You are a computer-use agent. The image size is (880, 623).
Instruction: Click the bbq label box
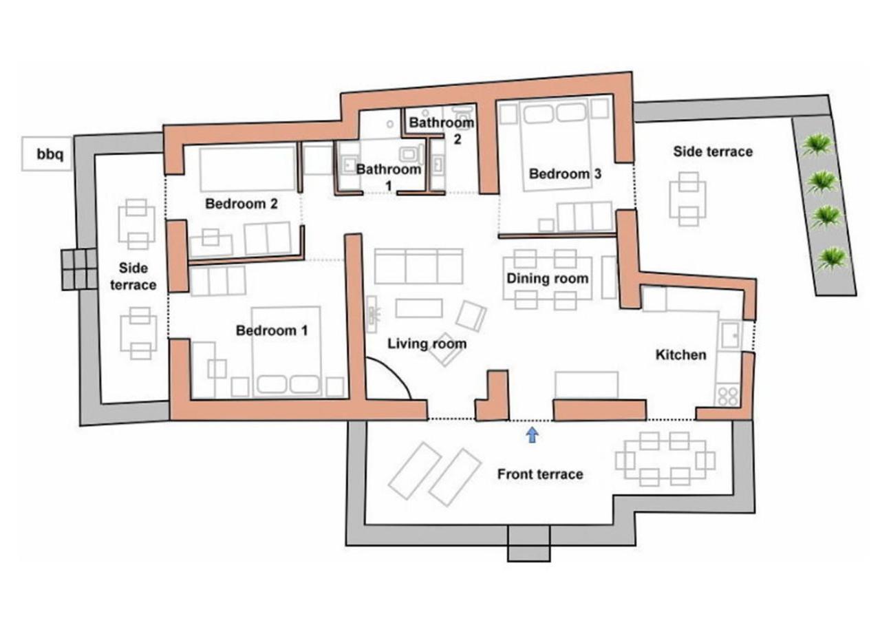point(47,154)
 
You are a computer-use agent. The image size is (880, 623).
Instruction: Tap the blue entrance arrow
point(532,435)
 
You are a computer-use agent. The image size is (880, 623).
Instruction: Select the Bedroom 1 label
point(272,330)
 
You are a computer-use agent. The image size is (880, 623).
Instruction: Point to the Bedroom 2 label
point(242,204)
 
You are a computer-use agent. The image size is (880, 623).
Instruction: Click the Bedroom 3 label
point(565,173)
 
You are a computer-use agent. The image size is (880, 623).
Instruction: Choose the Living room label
point(427,344)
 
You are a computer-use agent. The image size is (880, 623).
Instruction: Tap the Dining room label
point(547,278)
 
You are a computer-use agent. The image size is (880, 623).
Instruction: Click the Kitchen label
point(681,355)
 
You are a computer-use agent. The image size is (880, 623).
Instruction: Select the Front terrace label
point(540,474)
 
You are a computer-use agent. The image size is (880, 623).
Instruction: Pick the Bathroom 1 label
point(389,177)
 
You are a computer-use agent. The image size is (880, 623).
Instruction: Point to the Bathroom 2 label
point(442,130)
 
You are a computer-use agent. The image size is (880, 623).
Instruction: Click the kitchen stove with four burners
point(727,397)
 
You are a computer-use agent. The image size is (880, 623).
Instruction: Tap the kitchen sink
point(730,335)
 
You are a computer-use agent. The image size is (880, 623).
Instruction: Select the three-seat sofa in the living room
point(418,266)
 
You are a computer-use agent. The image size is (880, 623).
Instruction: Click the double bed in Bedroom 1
point(286,352)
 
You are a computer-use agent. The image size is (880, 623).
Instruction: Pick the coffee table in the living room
point(419,308)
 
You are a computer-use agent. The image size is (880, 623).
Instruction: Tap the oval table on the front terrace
point(665,459)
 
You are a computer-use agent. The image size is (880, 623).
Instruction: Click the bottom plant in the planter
point(831,259)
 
